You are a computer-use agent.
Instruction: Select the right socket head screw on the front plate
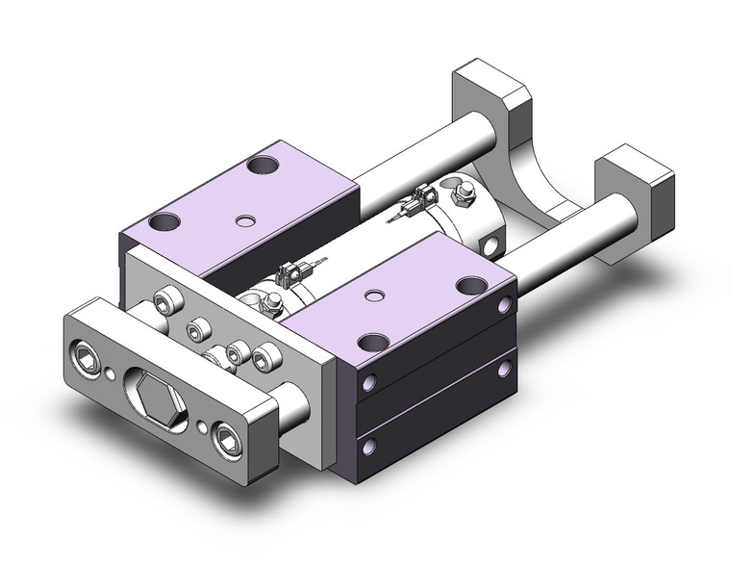pyautogui.click(x=226, y=441)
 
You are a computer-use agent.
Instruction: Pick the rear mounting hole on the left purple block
pyautogui.click(x=259, y=165)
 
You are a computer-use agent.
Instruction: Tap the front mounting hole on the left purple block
pyautogui.click(x=165, y=222)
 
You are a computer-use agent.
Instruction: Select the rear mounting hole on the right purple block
pyautogui.click(x=468, y=284)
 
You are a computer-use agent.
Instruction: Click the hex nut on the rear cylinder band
pyautogui.click(x=464, y=198)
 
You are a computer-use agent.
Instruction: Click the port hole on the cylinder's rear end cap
pyautogui.click(x=493, y=247)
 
